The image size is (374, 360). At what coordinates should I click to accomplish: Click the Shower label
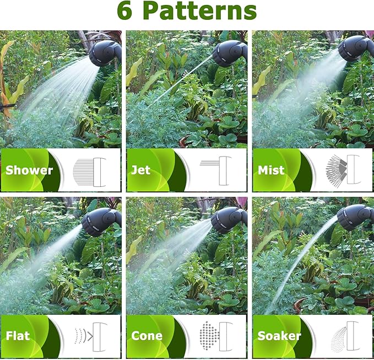[x=29, y=170]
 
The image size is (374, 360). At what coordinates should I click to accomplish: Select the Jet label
[x=141, y=170]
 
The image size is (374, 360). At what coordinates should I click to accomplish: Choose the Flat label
[x=19, y=335]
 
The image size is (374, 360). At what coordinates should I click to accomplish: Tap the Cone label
[x=147, y=335]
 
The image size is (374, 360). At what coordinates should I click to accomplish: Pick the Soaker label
[x=279, y=335]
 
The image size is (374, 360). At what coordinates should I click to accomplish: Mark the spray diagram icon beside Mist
[x=344, y=170]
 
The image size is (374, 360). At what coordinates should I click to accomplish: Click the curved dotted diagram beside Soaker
[x=344, y=335]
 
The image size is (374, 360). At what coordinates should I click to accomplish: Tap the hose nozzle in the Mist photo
[x=356, y=49]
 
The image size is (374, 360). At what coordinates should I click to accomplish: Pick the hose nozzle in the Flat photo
[x=100, y=222]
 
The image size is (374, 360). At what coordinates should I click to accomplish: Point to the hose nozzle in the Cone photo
[x=229, y=219]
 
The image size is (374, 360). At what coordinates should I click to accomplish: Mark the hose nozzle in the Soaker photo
[x=356, y=217]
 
